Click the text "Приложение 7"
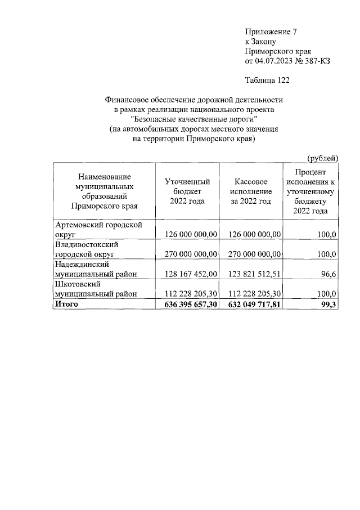point(268,31)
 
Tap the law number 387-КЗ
point(317,61)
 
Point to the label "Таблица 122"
point(267,81)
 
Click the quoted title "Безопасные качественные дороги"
point(193,119)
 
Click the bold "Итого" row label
point(66,305)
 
